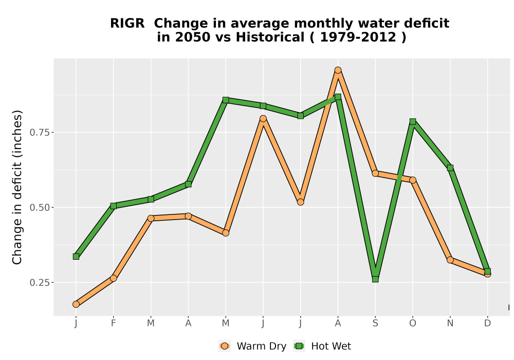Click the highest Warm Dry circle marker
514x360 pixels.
pos(338,70)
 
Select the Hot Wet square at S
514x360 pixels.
pos(375,279)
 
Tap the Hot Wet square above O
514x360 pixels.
pos(413,122)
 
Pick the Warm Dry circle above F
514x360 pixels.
pos(114,278)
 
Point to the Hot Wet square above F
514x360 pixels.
pos(114,206)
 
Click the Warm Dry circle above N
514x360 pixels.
pos(450,260)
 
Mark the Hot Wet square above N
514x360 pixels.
pos(450,168)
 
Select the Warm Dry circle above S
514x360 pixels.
pos(375,173)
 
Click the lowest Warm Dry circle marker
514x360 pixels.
pos(76,304)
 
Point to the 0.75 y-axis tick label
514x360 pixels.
pos(40,133)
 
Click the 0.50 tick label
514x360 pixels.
pos(40,208)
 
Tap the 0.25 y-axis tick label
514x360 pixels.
pos(40,283)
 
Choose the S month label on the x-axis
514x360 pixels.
pos(375,323)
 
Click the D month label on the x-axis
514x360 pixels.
pos(487,323)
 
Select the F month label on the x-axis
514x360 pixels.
pos(114,323)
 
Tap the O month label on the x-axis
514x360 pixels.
pos(413,323)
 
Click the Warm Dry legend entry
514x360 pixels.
pos(253,346)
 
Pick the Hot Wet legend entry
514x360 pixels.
pos(322,346)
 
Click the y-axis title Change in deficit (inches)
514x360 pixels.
pos(17,187)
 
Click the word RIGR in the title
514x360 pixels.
pos(127,24)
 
